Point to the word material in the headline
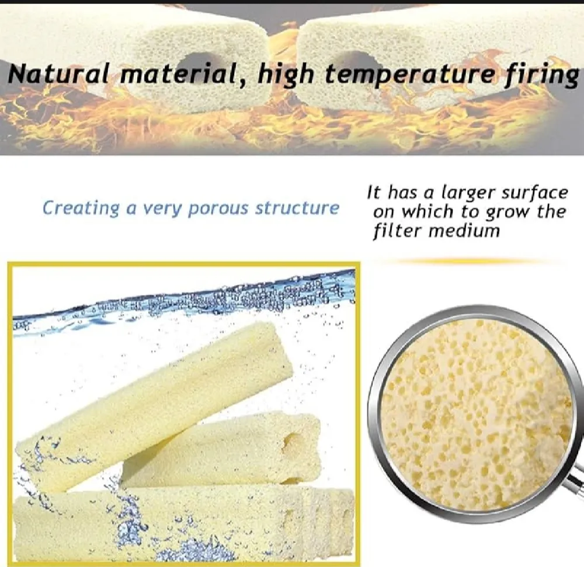point(184,75)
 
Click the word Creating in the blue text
point(81,208)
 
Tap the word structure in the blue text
point(297,208)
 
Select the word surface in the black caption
point(534,193)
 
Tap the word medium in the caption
point(464,231)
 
